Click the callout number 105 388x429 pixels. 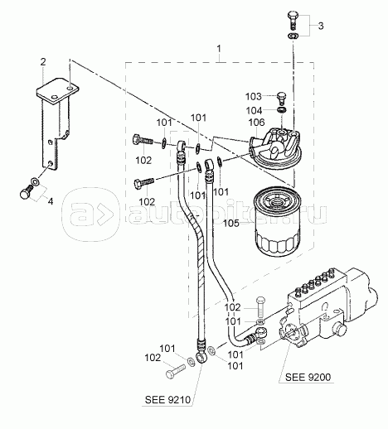(231, 223)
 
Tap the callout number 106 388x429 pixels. (256, 123)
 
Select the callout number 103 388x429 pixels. (253, 97)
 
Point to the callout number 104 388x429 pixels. (254, 111)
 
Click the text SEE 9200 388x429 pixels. (308, 377)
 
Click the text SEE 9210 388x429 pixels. (167, 400)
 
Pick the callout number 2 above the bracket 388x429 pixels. (43, 62)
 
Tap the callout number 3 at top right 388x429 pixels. (321, 26)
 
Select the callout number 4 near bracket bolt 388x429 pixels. (51, 201)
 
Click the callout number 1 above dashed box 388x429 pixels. (219, 49)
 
